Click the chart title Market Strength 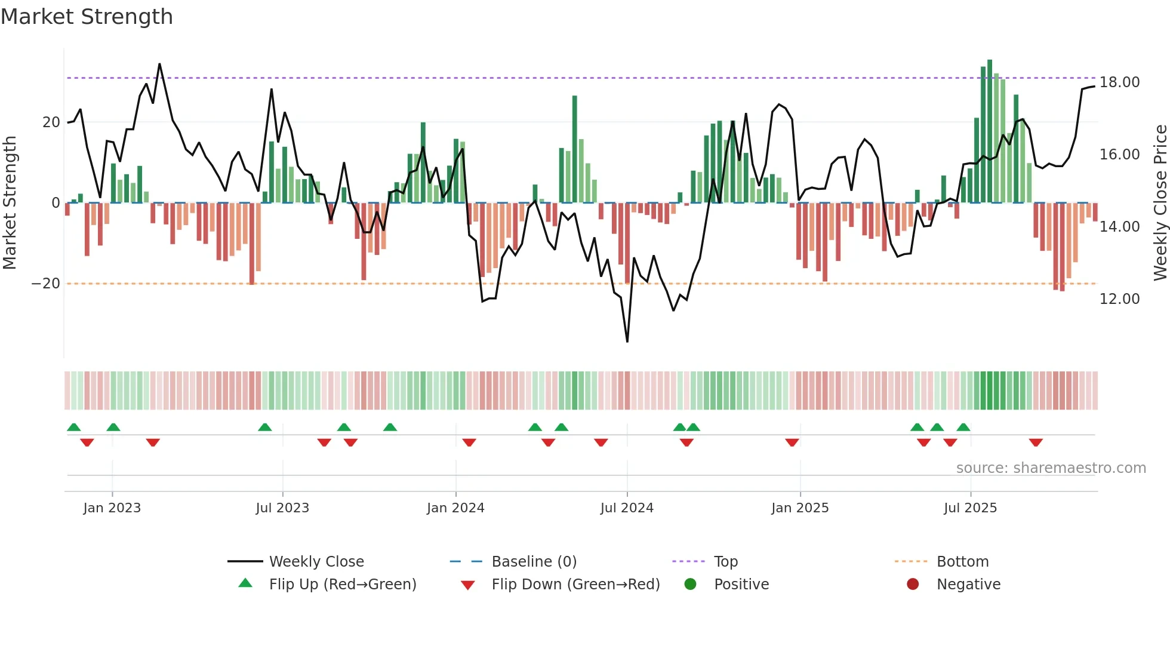click(x=87, y=17)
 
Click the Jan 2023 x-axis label click(x=112, y=508)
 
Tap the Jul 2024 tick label click(x=627, y=508)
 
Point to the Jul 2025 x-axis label click(x=970, y=508)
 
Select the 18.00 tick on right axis click(x=1119, y=82)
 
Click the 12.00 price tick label click(x=1119, y=299)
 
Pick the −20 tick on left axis click(x=46, y=284)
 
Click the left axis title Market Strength click(x=10, y=202)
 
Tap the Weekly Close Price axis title click(x=1160, y=202)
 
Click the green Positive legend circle click(x=691, y=585)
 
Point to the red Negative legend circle click(x=913, y=585)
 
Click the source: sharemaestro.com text click(x=1051, y=468)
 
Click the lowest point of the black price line click(x=627, y=342)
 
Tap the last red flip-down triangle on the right click(x=1036, y=442)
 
